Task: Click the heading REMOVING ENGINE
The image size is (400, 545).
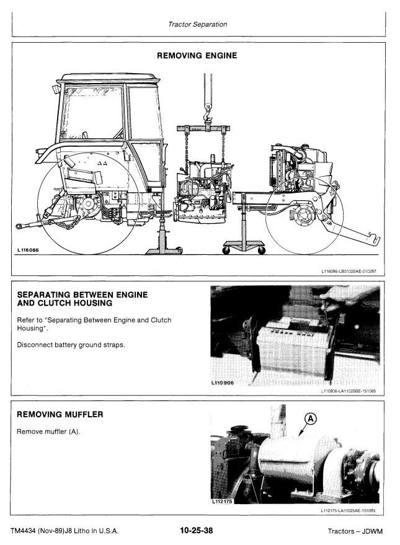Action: click(x=197, y=56)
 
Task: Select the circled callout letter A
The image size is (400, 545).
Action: click(x=311, y=419)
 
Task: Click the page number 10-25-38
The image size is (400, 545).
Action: click(x=197, y=530)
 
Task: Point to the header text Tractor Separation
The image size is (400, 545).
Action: click(x=197, y=24)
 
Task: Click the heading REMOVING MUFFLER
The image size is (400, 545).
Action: click(x=60, y=414)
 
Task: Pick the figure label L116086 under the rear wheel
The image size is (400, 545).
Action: click(x=28, y=250)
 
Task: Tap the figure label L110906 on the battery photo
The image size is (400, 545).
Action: click(x=223, y=383)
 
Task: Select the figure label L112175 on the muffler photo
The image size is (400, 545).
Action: click(x=222, y=502)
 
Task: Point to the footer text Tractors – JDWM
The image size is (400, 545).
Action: click(x=355, y=531)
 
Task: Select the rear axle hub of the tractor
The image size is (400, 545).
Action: click(x=87, y=206)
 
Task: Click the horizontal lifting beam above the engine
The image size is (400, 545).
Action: click(x=203, y=128)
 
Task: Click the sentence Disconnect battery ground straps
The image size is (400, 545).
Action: click(x=71, y=345)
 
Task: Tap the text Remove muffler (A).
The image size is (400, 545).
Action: click(x=48, y=432)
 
